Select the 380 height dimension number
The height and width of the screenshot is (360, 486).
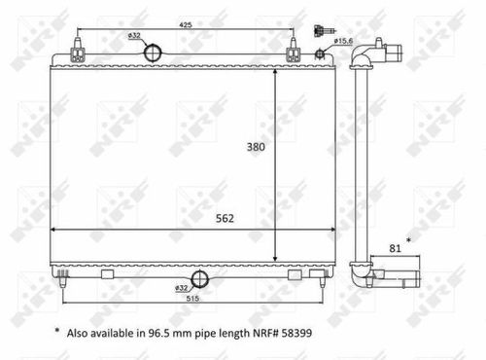click(256, 147)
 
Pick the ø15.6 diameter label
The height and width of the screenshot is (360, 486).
click(343, 41)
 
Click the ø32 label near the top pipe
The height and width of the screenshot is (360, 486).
click(133, 37)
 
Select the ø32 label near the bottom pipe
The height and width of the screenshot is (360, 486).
click(182, 289)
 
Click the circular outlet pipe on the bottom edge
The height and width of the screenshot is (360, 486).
click(200, 280)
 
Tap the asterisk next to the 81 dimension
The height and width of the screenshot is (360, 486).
click(407, 238)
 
